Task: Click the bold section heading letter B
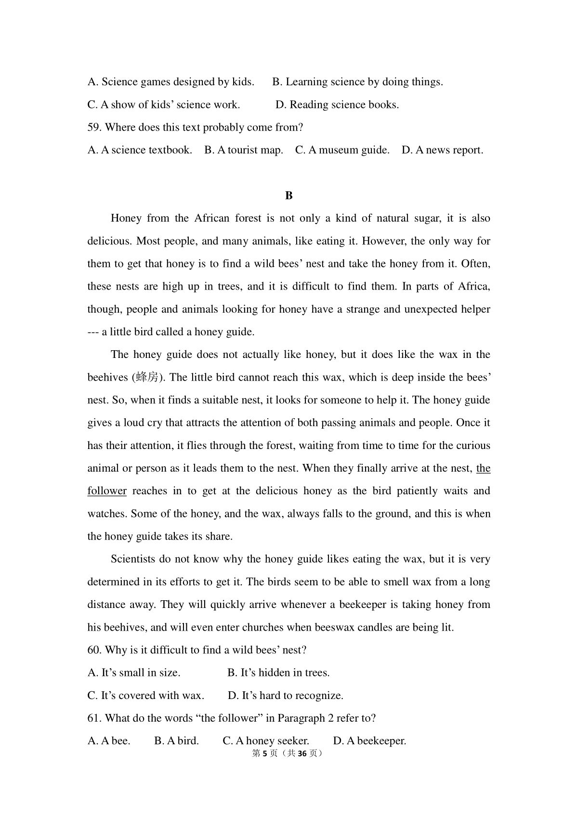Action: pyautogui.click(x=289, y=196)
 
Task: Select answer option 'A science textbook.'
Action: pyautogui.click(x=140, y=150)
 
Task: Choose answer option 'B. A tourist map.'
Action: pyautogui.click(x=244, y=150)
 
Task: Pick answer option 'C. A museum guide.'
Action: pyautogui.click(x=342, y=150)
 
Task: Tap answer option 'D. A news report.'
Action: pyautogui.click(x=442, y=150)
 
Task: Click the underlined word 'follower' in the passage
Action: pyautogui.click(x=107, y=491)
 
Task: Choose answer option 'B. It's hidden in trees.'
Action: pyautogui.click(x=279, y=673)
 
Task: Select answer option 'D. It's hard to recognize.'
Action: pyautogui.click(x=286, y=696)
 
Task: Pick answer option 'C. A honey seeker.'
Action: pyautogui.click(x=266, y=741)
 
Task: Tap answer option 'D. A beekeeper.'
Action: pyautogui.click(x=369, y=741)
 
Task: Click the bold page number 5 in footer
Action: pyautogui.click(x=264, y=753)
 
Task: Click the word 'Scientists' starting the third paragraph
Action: pyautogui.click(x=133, y=559)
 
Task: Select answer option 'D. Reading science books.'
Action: pyautogui.click(x=337, y=105)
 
